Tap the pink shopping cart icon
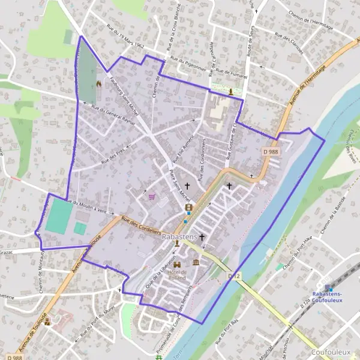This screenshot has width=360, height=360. tap(152, 196)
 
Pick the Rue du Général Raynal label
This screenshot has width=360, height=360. tap(113, 113)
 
